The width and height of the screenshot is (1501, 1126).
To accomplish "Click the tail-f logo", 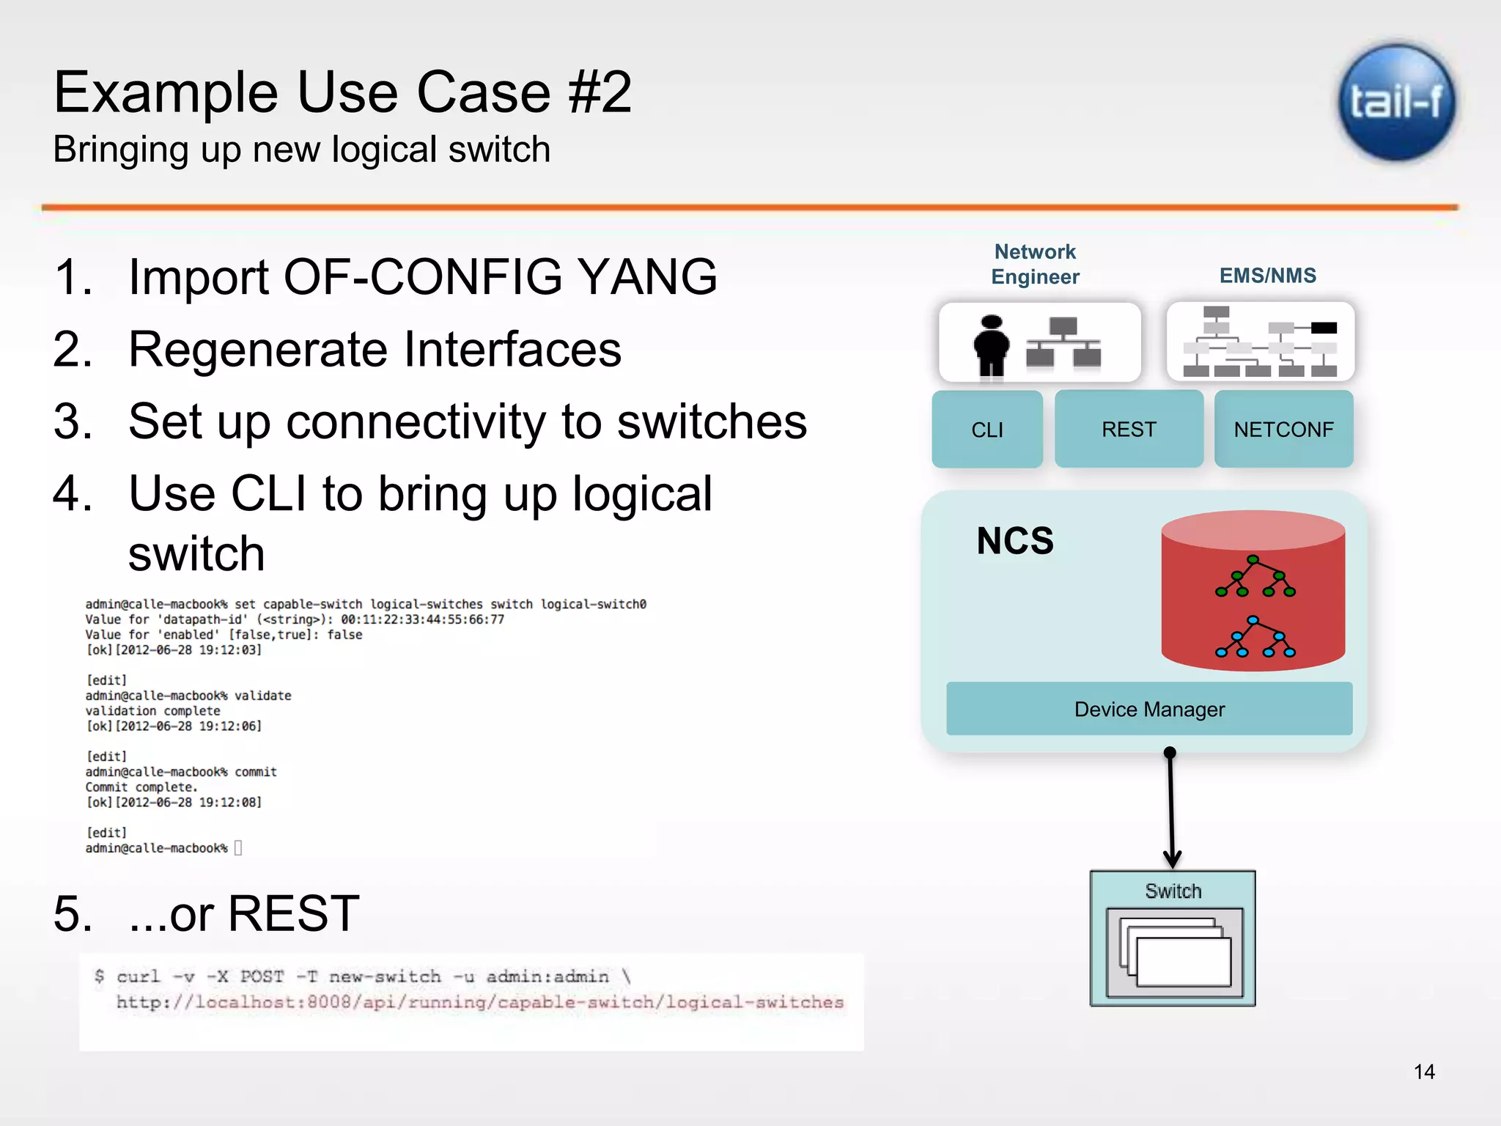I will [1396, 103].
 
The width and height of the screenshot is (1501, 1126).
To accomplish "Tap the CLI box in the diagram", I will [986, 430].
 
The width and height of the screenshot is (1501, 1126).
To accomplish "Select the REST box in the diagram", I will [1128, 430].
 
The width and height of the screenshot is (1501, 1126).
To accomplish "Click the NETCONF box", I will [1283, 430].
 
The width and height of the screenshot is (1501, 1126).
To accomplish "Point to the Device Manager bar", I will [1148, 709].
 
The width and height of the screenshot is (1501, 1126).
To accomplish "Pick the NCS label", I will [1014, 541].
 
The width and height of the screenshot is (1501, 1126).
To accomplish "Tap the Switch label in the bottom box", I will [1173, 891].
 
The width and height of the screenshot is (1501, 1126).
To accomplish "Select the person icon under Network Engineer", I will [991, 345].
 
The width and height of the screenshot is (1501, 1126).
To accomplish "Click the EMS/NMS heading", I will [1267, 276].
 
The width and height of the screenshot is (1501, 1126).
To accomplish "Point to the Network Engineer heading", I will [1035, 265].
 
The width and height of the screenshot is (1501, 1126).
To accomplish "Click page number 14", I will [1423, 1072].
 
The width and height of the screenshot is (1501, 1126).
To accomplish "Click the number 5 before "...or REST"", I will [73, 914].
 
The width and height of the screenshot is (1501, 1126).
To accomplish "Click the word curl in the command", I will [138, 976].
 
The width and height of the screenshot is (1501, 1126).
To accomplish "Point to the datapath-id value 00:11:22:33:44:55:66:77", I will [422, 619].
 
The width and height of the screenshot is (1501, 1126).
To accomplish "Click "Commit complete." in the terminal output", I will [141, 787].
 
